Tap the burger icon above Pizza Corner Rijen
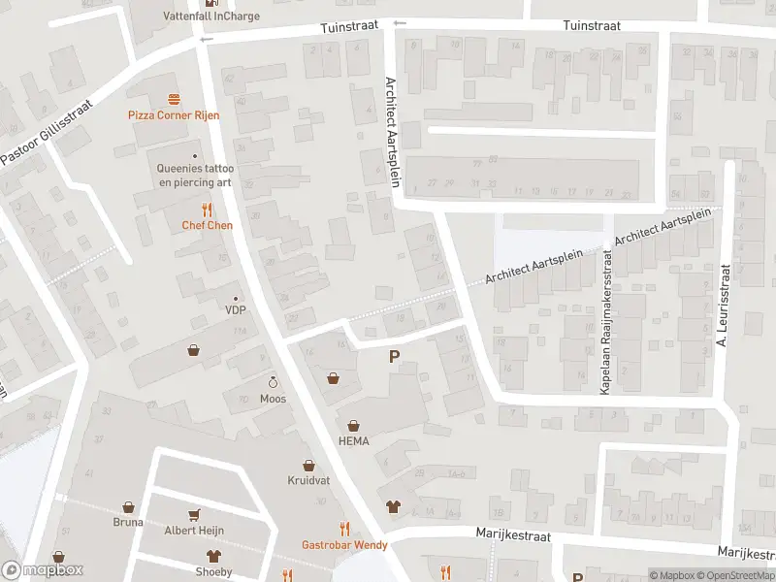point(174,99)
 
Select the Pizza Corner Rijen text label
point(174,115)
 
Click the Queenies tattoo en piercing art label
point(195,175)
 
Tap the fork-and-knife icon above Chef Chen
point(207,210)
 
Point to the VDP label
point(235,310)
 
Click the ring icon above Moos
point(273,382)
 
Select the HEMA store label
point(353,440)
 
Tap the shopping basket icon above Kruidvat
point(308,466)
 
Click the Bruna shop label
point(127,522)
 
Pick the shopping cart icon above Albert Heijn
point(194,514)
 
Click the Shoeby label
point(213,571)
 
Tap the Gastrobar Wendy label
point(344,545)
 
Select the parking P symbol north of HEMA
point(394,357)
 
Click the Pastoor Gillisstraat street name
point(46,131)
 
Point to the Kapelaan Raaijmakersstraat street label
point(606,321)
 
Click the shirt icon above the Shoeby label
point(212,556)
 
